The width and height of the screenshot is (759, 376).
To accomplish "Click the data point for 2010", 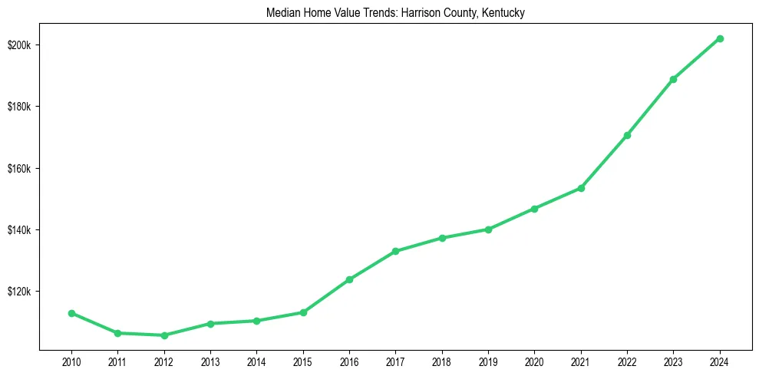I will pos(71,313).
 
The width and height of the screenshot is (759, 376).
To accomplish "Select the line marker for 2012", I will pos(164,335).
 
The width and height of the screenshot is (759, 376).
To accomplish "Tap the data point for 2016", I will pos(349,279).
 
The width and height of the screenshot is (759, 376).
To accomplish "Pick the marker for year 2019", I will pos(488,229).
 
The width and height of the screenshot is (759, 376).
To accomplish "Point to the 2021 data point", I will pos(581,188).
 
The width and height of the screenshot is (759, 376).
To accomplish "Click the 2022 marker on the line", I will pos(627,135).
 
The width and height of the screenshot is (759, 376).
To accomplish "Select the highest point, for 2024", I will pos(720,38).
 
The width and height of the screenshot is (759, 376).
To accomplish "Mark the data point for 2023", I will pos(673,79).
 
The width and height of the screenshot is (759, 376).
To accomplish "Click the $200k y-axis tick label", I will pos(18,45).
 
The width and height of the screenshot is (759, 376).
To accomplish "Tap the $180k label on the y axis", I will pos(18,107).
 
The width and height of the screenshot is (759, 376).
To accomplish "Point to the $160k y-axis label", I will pos(18,169).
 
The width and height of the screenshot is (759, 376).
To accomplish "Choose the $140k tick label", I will pos(18,230).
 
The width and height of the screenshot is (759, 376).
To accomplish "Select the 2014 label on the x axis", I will pos(256,361).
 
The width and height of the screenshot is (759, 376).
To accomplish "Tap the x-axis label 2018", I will pos(442,361).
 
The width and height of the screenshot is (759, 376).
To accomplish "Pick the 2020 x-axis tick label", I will pos(534,361).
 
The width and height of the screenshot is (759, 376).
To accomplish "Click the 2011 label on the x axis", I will pos(117,361).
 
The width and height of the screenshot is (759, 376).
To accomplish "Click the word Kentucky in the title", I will pos(501,13).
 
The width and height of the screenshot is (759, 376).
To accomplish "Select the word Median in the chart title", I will pos(281,13).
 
